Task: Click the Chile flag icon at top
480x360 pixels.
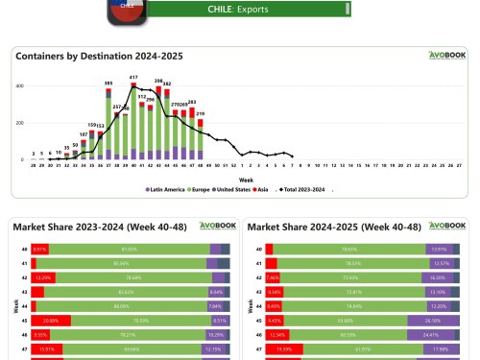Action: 129,7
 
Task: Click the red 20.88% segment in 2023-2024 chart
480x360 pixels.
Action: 51,320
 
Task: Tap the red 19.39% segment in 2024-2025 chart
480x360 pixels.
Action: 283,348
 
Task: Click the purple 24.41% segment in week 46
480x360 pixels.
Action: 432,334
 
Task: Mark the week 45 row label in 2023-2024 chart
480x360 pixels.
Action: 23,320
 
